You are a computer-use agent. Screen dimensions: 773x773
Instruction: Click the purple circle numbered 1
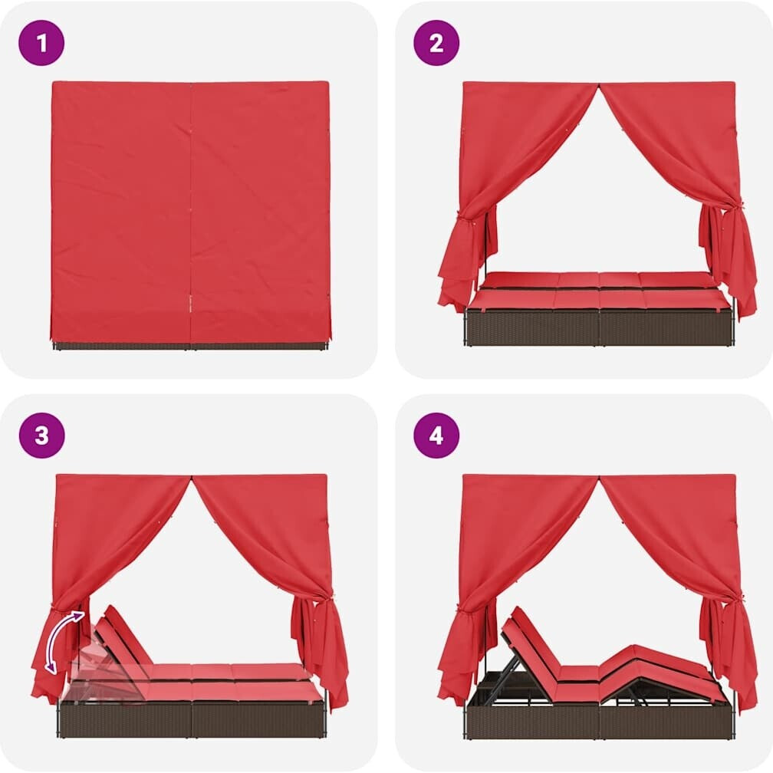(41, 43)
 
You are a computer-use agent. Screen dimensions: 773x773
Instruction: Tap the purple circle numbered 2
(436, 43)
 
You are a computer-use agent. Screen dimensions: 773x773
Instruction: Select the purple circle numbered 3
(41, 436)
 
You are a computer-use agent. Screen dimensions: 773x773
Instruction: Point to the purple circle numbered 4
(436, 436)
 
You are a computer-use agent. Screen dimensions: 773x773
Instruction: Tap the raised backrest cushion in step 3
(123, 636)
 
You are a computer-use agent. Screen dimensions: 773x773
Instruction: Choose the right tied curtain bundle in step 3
(321, 651)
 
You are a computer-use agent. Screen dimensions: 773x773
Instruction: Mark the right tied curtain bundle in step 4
(729, 651)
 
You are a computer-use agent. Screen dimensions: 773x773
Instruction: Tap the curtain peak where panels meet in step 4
(599, 479)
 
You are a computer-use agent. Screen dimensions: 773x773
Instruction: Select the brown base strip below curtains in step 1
(190, 345)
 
